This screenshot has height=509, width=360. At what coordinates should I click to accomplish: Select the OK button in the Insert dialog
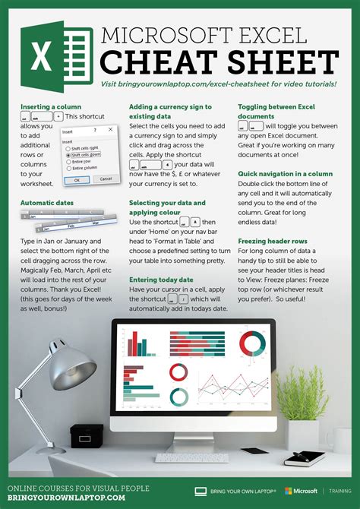76,179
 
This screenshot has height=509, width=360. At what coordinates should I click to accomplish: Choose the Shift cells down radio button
68,154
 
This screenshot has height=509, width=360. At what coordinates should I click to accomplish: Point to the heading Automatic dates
47,204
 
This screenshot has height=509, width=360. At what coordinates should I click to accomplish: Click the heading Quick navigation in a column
285,174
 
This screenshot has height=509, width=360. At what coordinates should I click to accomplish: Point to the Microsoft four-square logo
289,492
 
